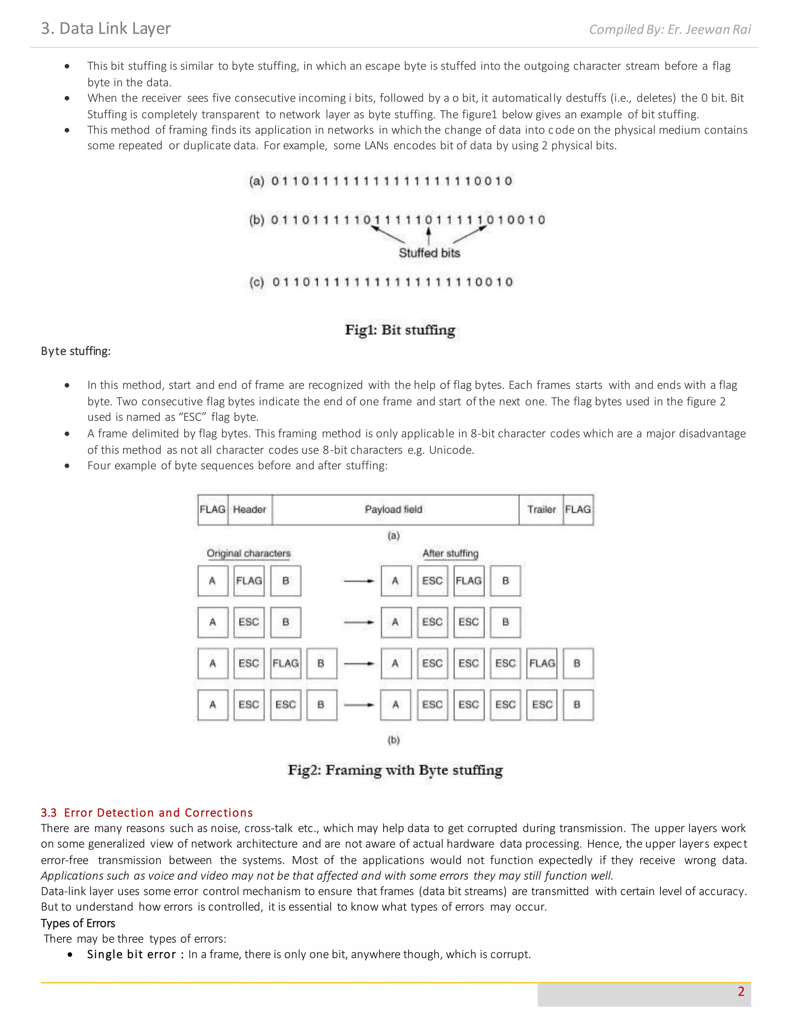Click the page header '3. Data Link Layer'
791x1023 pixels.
coord(106,29)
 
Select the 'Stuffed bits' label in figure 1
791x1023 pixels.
coord(429,253)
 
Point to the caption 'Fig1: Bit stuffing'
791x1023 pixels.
coord(400,330)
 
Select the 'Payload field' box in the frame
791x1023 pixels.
coord(394,509)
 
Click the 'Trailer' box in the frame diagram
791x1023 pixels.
coord(541,509)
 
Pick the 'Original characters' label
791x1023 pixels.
coord(248,553)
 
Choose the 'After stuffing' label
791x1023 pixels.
coord(450,553)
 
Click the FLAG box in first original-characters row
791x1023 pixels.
coord(249,581)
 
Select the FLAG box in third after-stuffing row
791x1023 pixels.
coord(542,663)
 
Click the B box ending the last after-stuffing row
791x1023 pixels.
coord(577,705)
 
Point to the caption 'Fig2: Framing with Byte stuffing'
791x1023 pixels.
coord(395,770)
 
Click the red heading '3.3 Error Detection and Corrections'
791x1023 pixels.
coord(147,812)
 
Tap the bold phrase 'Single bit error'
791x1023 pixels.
coord(131,954)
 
